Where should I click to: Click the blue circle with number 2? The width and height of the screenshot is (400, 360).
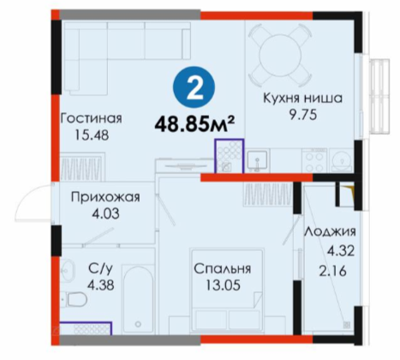click(x=194, y=87)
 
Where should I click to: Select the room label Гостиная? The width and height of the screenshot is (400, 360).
click(x=92, y=118)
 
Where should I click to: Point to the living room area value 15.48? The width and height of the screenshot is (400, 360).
click(x=92, y=135)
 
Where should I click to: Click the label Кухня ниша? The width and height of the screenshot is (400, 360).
click(x=302, y=99)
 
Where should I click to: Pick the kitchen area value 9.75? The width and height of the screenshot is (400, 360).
click(x=303, y=115)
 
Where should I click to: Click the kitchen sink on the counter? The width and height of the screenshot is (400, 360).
click(x=257, y=161)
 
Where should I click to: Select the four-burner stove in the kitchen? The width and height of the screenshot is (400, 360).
click(x=314, y=160)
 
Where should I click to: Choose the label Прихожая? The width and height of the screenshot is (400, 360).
click(x=105, y=197)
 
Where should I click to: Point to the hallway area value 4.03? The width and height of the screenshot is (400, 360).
click(x=105, y=213)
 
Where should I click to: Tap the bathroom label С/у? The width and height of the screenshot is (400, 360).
click(x=100, y=268)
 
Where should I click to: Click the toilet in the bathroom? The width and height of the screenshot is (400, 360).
click(x=75, y=300)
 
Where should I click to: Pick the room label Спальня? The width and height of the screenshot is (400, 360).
click(x=223, y=269)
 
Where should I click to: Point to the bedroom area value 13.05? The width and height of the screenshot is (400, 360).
click(x=223, y=285)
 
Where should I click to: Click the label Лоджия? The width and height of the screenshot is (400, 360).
click(x=330, y=231)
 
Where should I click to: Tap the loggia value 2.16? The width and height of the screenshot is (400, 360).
click(x=332, y=271)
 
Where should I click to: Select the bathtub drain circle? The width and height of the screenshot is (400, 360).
click(x=139, y=324)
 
